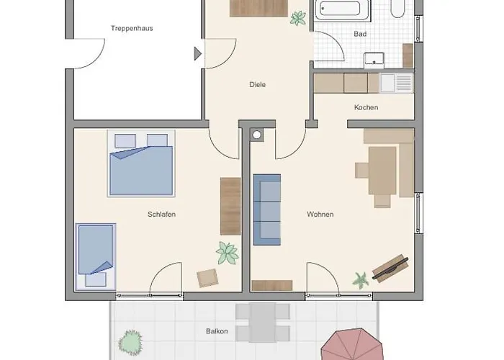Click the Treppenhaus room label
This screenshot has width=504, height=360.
click(132, 28)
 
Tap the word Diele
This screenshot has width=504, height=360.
click(258, 84)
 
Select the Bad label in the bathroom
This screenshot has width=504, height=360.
click(360, 34)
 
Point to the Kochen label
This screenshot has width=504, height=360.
click(366, 107)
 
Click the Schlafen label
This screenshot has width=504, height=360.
click(162, 214)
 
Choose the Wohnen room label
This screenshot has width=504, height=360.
click(320, 214)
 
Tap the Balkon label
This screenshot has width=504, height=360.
click(217, 331)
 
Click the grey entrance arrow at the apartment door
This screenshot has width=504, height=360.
click(198, 54)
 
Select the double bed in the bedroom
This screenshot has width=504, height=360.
click(141, 163)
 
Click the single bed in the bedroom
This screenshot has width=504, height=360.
click(96, 257)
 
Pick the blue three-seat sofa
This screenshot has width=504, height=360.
click(267, 210)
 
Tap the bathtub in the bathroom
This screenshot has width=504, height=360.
click(343, 9)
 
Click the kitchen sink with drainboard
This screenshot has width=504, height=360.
click(397, 83)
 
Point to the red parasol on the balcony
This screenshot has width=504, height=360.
click(353, 345)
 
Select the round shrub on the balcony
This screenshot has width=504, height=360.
click(130, 343)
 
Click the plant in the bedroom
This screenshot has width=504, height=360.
click(228, 253)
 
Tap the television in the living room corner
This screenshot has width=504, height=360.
click(391, 268)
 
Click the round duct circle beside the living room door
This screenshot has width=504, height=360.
click(256, 135)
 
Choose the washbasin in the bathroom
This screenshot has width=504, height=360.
click(374, 60)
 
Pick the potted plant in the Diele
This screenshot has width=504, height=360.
click(298, 18)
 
